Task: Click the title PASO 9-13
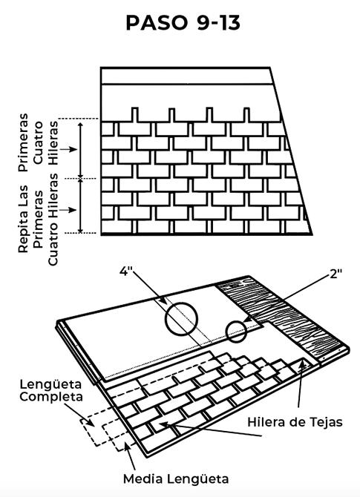coord(183,23)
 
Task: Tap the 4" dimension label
coord(126,271)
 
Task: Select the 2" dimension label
coord(336,274)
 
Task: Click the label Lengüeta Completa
coord(50,390)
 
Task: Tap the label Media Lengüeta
coord(176,479)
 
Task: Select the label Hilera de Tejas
coord(295,422)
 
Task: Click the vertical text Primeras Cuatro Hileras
coord(38,142)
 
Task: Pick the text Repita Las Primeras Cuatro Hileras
coord(38,219)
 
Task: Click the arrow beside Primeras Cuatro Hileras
coord(68,149)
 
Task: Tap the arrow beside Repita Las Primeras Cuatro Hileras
coord(68,210)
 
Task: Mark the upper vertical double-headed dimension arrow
coord(81,151)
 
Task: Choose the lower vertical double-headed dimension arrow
coord(81,206)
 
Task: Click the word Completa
coord(51,397)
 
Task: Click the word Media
coord(143,479)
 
